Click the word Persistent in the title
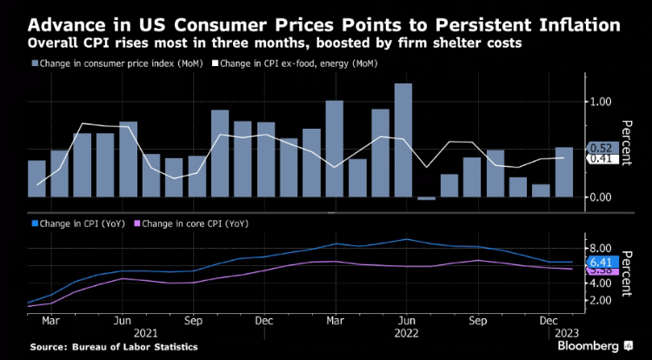tap(475, 23)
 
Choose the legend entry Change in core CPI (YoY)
tap(196, 224)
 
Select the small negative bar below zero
tap(426, 198)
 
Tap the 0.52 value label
tap(602, 148)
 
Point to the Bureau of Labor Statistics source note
tap(113, 346)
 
